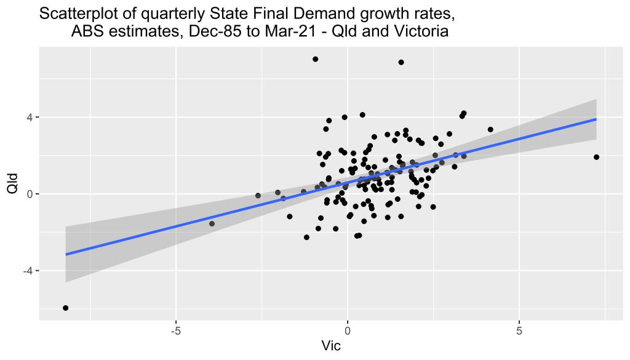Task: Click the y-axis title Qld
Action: tap(12, 183)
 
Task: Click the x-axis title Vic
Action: tap(331, 345)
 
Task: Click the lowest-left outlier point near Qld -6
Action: tap(65, 308)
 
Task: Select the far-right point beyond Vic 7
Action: tap(596, 157)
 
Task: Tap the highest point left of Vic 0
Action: tap(315, 59)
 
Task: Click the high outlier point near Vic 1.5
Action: tap(401, 62)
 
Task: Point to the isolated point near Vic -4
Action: tap(212, 223)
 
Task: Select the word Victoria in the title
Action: tap(415, 31)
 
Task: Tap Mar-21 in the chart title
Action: tap(296, 31)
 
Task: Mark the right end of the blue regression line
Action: tap(596, 119)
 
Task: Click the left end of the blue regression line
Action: tap(66, 254)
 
